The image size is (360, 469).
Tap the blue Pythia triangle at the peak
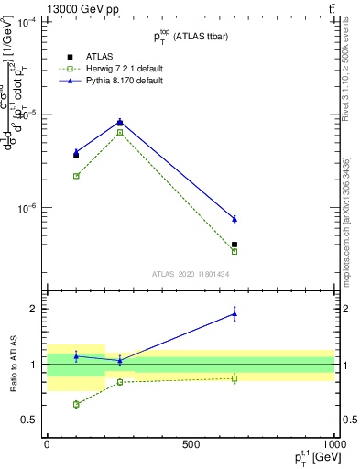(120, 122)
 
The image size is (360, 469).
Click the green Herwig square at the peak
(120, 133)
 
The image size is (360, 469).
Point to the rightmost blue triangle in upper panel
(235, 219)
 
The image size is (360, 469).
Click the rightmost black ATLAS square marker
(235, 245)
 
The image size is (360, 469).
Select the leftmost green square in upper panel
(76, 176)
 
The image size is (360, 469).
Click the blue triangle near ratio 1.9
(235, 314)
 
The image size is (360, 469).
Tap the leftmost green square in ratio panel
(76, 404)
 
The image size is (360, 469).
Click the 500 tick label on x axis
(191, 444)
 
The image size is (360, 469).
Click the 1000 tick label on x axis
(334, 444)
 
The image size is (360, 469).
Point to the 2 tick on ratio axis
(34, 309)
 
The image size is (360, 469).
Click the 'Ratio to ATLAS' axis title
(13, 365)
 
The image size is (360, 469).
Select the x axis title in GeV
(311, 458)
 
